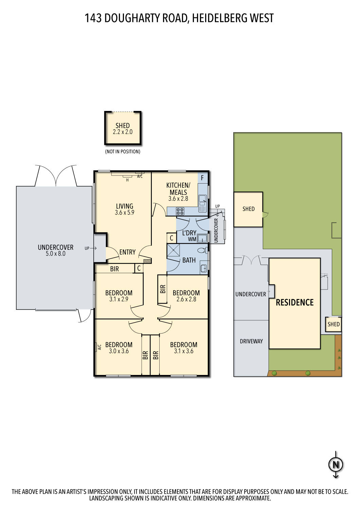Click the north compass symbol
pos(336,464)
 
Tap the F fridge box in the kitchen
pos(202,178)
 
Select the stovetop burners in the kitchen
pos(180,211)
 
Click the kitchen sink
pos(202,202)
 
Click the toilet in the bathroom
pos(202,251)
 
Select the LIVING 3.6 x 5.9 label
pos(125,209)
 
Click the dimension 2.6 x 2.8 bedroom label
pos(186,299)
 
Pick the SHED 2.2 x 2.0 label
pos(123,129)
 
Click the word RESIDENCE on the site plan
pos(294,302)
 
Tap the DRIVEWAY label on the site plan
pos(251,341)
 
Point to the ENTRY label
pos(127,252)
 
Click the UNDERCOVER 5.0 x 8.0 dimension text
pos(56,253)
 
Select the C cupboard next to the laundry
pos(172,238)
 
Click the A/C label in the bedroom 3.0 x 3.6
pos(100,347)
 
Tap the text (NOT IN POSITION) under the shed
pos(123,152)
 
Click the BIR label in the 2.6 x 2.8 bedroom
pos(163,289)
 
